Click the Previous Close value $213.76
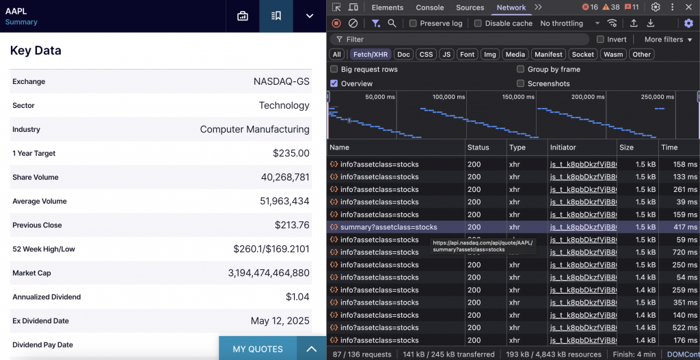[292, 225]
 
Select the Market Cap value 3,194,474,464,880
[269, 273]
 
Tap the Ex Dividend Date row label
[40, 321]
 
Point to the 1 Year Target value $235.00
[291, 154]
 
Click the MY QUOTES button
[258, 349]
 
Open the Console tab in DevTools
[430, 8]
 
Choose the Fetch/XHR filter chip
[371, 55]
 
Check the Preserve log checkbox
[413, 23]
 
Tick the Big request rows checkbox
[334, 70]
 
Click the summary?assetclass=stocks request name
[388, 227]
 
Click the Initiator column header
[563, 148]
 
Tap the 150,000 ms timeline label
[518, 97]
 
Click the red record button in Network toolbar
[336, 23]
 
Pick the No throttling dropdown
[569, 23]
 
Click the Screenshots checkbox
[521, 84]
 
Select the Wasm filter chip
[613, 55]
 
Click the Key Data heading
[36, 51]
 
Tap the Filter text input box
[465, 40]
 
